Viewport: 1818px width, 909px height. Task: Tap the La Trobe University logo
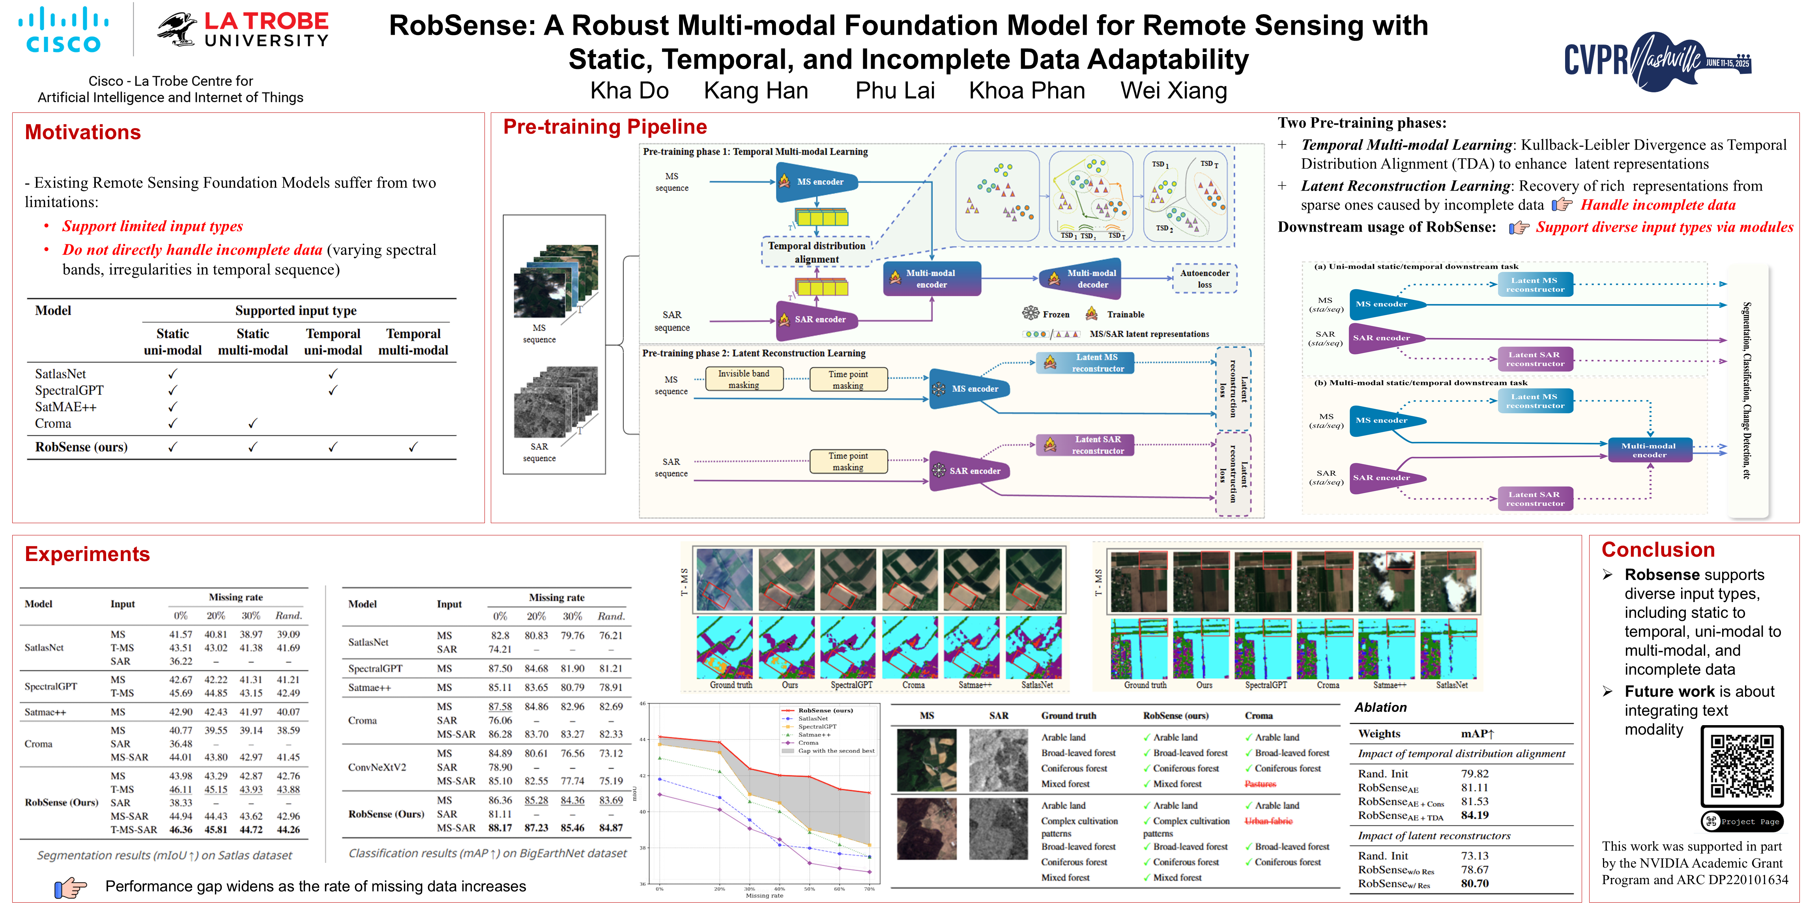point(243,30)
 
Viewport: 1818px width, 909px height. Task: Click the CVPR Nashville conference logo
point(1657,61)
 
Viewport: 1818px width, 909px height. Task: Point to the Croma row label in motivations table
point(53,423)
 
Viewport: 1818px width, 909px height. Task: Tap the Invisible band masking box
point(743,379)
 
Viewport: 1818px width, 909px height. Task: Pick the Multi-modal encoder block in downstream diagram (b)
point(1649,450)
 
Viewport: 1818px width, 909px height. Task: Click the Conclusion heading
point(1657,550)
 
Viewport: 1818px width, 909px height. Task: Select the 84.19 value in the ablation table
point(1474,815)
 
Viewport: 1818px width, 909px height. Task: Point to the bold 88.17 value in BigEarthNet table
point(499,828)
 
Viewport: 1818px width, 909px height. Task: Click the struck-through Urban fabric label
point(1268,821)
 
